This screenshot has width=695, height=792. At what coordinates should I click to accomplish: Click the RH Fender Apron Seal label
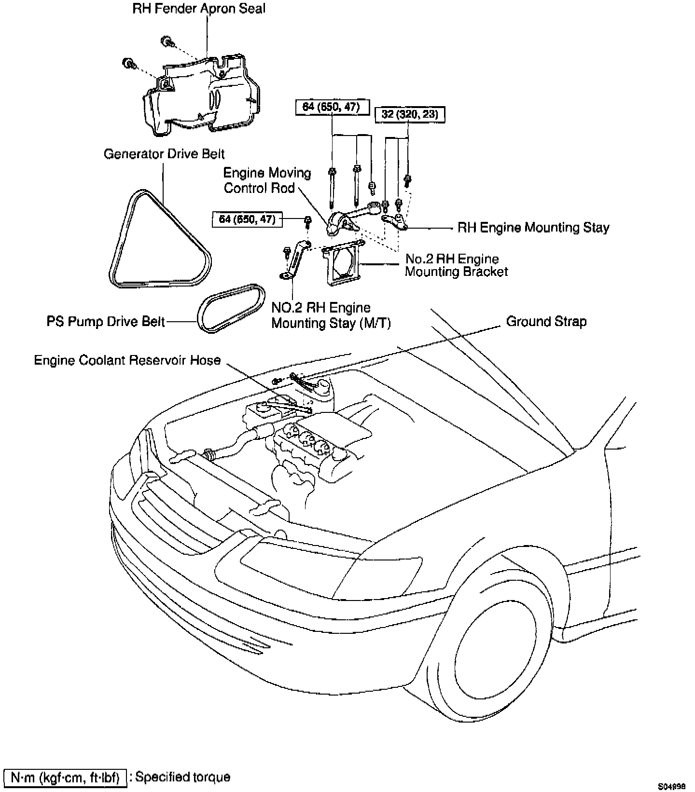(199, 9)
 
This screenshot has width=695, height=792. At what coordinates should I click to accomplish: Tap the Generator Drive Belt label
(164, 154)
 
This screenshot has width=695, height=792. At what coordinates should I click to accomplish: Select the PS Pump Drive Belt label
(106, 321)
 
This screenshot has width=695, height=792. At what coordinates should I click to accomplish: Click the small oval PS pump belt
(232, 308)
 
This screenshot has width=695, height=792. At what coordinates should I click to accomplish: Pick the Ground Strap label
(546, 321)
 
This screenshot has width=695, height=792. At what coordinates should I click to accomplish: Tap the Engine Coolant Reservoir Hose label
(127, 360)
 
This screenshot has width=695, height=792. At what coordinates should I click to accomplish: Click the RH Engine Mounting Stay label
(533, 227)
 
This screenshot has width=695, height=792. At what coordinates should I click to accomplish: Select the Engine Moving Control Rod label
(267, 180)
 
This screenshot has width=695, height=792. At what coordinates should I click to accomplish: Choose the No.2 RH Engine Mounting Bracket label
(456, 265)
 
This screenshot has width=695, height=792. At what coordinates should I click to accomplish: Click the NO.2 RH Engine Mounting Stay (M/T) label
(331, 315)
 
